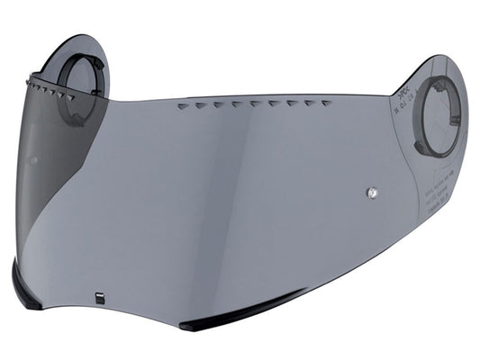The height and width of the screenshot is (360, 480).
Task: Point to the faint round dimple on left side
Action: [32, 161]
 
